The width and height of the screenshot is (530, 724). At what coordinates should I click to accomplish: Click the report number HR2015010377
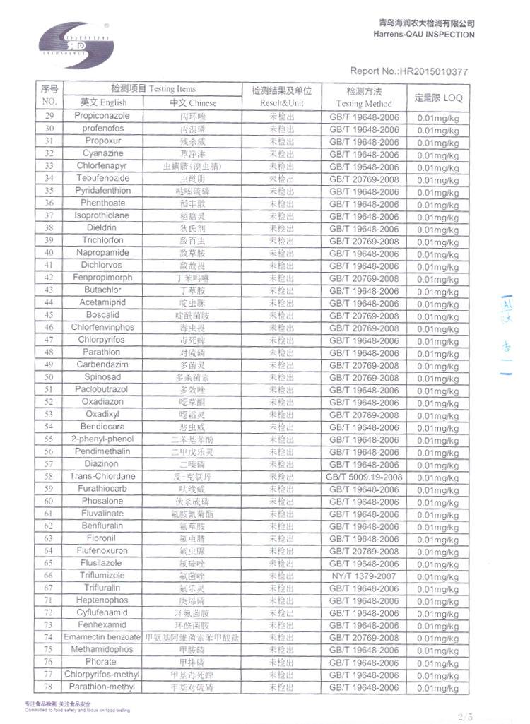[x=408, y=71]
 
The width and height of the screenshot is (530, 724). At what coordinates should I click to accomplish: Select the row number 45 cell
[x=49, y=315]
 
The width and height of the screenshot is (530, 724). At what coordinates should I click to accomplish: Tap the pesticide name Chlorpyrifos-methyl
[x=102, y=675]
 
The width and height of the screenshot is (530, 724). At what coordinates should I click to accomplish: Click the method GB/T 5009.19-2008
[x=364, y=477]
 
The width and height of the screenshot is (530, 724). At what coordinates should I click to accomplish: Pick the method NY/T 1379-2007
[x=364, y=576]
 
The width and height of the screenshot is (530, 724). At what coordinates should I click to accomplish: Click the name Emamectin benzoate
[x=102, y=637]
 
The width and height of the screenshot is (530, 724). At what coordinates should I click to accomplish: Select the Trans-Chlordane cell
[x=102, y=477]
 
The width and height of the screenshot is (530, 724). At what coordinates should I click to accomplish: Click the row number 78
[x=49, y=687]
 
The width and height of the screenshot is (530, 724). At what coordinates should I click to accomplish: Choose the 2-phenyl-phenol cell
[x=102, y=439]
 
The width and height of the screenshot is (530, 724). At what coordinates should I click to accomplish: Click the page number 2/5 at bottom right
[x=467, y=717]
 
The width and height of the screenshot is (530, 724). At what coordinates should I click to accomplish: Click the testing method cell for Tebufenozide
[x=364, y=179]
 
